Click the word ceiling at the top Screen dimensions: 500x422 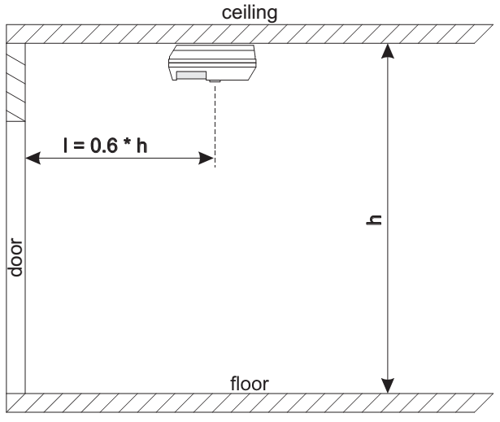pos(250,13)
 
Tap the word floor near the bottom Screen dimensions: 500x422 pos(250,384)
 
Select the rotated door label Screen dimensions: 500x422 pos(15,257)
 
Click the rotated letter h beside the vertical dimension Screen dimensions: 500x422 pos(374,220)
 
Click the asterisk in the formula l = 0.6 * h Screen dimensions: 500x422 pos(127,142)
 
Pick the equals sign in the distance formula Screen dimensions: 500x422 pos(79,146)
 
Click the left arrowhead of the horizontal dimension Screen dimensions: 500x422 pos(33,158)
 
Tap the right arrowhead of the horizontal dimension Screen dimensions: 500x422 pos(206,158)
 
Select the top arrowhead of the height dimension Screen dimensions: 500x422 pos(388,51)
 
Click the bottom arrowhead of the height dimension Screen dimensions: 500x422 pos(388,385)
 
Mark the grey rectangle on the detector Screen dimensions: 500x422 pos(191,76)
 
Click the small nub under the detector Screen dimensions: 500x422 pos(215,81)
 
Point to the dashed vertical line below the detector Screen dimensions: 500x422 pos(215,126)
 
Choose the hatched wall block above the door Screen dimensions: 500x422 pos(15,82)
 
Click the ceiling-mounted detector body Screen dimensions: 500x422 pos(212,63)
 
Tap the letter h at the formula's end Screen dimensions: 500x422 pos(142,146)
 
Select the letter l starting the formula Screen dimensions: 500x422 pos(66,146)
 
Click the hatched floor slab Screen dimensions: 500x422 pos(250,402)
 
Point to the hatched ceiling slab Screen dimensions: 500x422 pos(250,34)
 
